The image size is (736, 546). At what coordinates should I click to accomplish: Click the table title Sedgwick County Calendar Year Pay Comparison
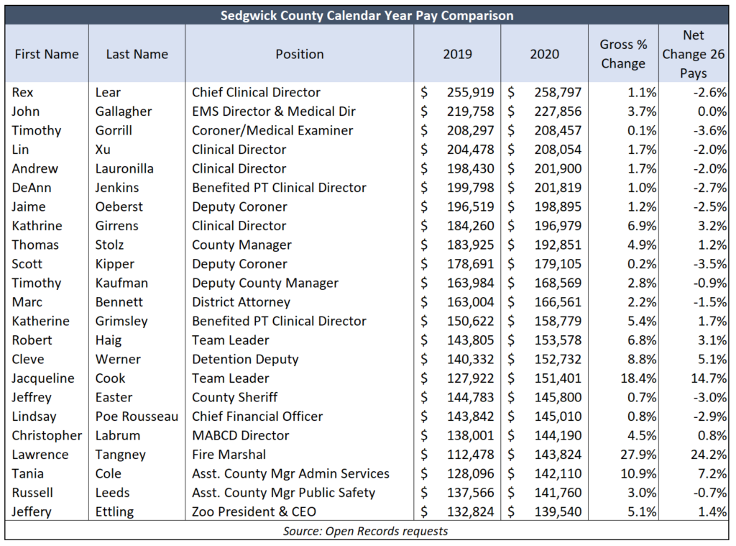tap(367, 16)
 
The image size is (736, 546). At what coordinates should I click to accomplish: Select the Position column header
tap(300, 54)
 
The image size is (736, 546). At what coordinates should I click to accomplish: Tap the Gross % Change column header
tap(623, 54)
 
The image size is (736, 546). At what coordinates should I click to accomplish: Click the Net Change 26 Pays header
tap(694, 54)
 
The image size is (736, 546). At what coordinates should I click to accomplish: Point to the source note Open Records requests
tap(365, 531)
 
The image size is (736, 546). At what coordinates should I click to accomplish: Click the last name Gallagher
tap(124, 112)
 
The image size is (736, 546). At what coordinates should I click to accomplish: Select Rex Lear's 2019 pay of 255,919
tap(470, 92)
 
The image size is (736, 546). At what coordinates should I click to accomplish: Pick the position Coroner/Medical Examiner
tap(272, 130)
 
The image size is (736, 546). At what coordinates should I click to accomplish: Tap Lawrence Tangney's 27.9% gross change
tap(638, 455)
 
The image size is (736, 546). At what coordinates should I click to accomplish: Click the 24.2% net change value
tap(709, 455)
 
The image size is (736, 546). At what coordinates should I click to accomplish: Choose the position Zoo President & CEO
tap(254, 511)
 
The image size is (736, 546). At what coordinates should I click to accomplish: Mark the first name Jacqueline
tap(42, 378)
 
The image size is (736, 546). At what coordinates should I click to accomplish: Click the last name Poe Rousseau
tap(137, 417)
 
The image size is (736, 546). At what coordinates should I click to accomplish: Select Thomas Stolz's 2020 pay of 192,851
tap(558, 245)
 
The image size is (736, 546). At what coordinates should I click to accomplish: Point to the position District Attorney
tap(241, 302)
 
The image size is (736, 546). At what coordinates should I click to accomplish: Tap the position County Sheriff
tap(235, 398)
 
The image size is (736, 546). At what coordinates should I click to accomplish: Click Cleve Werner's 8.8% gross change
tap(642, 359)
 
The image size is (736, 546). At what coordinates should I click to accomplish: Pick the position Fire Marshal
tap(229, 455)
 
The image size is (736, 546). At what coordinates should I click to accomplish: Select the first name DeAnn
tap(32, 188)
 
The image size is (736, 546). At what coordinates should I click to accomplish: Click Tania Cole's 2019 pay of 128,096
tap(470, 473)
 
